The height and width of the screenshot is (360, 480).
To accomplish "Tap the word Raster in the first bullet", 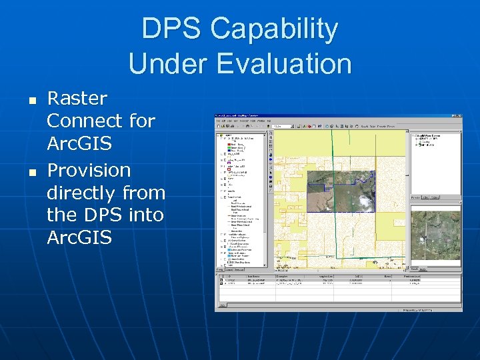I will [77, 99].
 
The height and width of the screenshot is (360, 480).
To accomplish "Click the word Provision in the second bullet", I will [89, 170].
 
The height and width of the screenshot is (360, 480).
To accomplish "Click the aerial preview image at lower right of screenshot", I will [435, 235].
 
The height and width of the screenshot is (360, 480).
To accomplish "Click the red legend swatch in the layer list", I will [229, 144].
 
